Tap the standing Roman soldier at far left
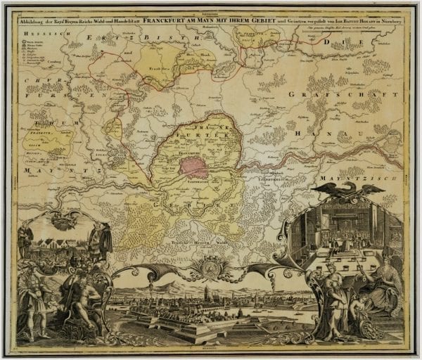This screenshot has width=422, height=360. click(x=31, y=295)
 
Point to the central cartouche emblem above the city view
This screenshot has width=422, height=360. click(x=211, y=268)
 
